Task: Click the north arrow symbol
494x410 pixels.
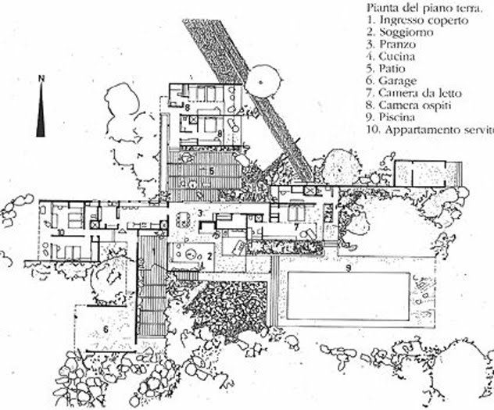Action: click(x=41, y=109)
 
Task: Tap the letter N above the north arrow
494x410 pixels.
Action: click(x=41, y=77)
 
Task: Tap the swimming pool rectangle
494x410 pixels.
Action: click(x=348, y=296)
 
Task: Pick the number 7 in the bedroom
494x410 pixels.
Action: click(x=297, y=226)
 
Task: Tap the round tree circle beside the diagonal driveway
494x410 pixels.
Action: click(x=259, y=78)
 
